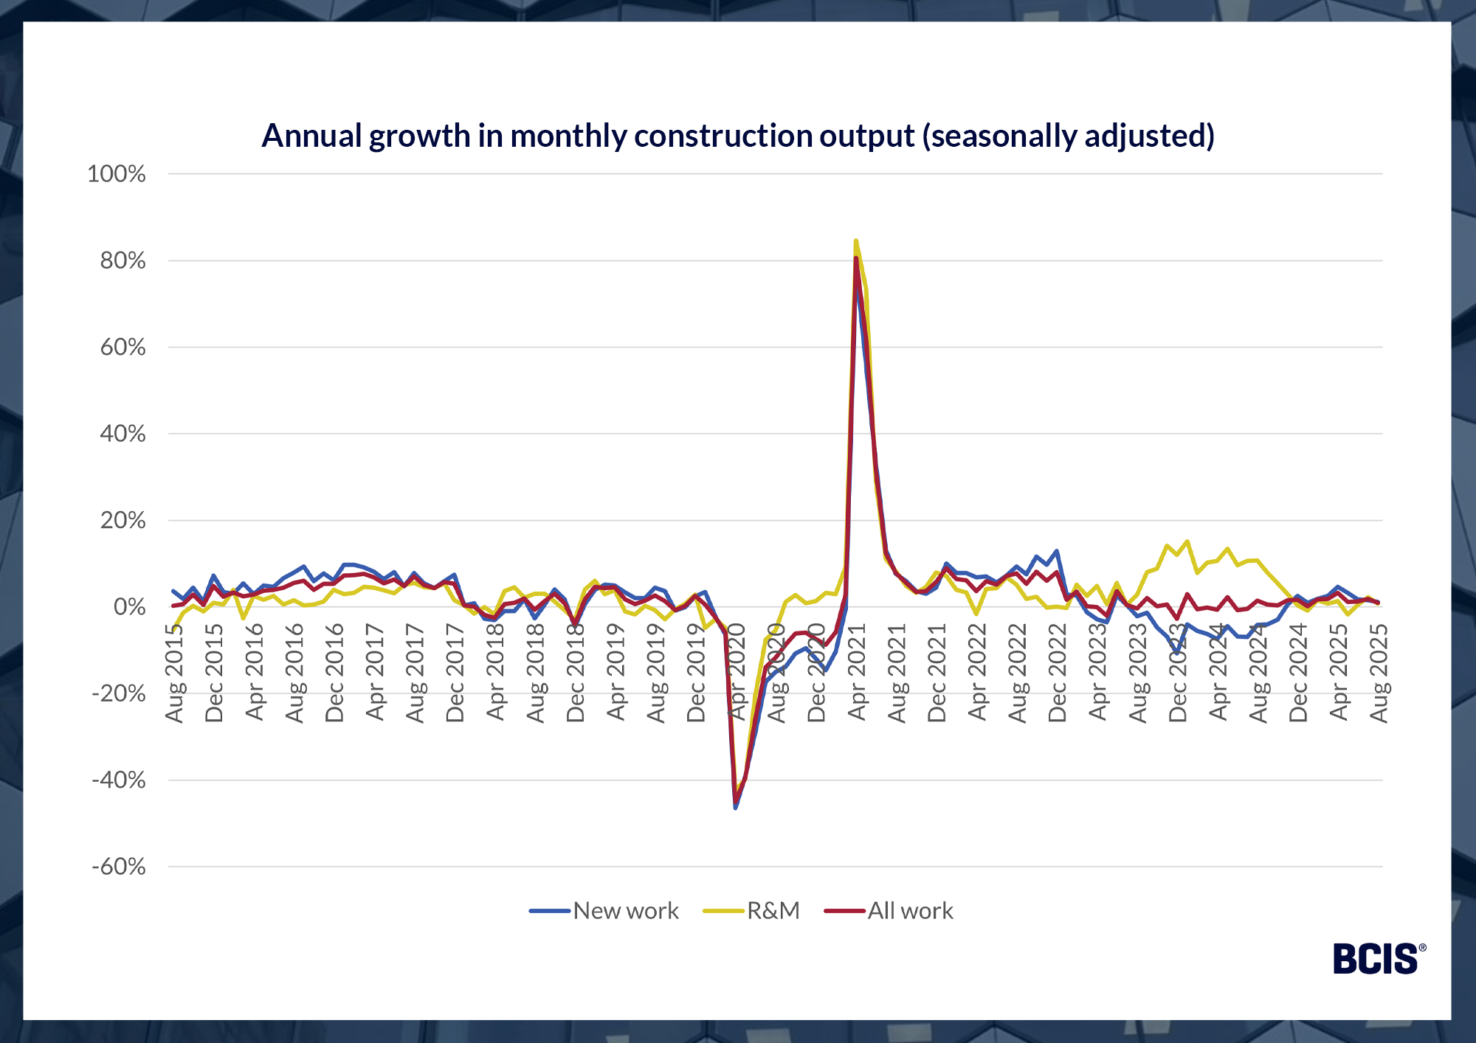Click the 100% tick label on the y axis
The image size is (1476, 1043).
[117, 174]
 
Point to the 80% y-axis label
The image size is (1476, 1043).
[123, 260]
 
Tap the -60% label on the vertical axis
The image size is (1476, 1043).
[118, 867]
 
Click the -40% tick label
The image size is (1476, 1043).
[118, 780]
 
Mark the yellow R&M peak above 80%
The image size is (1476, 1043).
[855, 240]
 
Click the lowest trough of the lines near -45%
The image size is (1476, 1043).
[735, 808]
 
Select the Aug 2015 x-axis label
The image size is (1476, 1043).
[174, 673]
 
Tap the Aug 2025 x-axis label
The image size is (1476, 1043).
[1379, 673]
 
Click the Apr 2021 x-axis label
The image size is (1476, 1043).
[856, 673]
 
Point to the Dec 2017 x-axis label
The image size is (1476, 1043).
[455, 673]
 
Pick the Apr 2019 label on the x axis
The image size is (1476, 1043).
[615, 673]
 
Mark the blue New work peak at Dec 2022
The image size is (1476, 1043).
[1057, 551]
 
